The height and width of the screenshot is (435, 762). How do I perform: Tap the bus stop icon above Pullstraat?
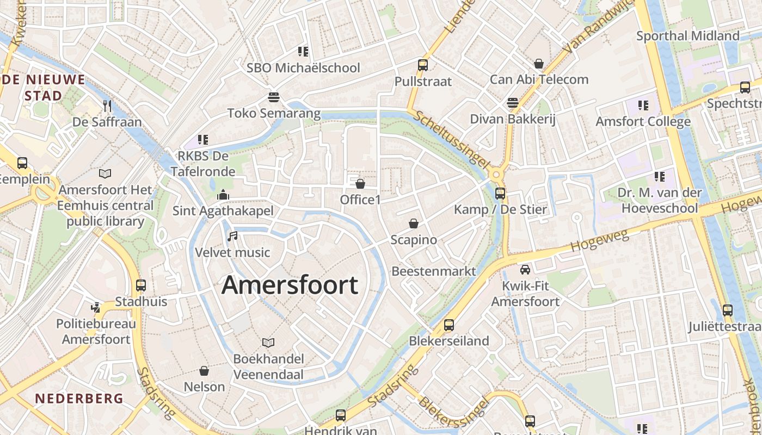point(423,65)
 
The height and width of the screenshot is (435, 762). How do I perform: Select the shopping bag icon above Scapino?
point(414,223)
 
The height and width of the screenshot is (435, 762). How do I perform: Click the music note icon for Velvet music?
point(232,237)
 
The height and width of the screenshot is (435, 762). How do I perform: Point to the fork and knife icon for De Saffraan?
point(107,105)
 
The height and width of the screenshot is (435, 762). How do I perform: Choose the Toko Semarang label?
point(274,114)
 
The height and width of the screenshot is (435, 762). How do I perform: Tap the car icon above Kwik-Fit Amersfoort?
point(525,269)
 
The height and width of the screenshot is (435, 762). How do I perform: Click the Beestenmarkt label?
point(434,271)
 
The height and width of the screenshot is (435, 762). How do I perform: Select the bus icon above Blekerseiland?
point(449,325)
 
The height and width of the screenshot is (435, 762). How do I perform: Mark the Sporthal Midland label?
point(688,36)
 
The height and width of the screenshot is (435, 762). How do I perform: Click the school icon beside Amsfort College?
point(643,105)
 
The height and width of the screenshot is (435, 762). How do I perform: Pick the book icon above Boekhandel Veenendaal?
point(268,343)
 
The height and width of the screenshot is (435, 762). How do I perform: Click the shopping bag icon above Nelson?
point(204,371)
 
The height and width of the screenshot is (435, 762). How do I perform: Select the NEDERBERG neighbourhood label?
point(79,399)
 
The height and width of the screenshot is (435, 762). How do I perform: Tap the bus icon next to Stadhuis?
point(141,285)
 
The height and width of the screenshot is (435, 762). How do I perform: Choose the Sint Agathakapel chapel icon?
point(223,195)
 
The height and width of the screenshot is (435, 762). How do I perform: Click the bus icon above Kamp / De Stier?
point(500,193)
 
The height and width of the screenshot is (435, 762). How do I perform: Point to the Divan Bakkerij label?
point(512,119)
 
